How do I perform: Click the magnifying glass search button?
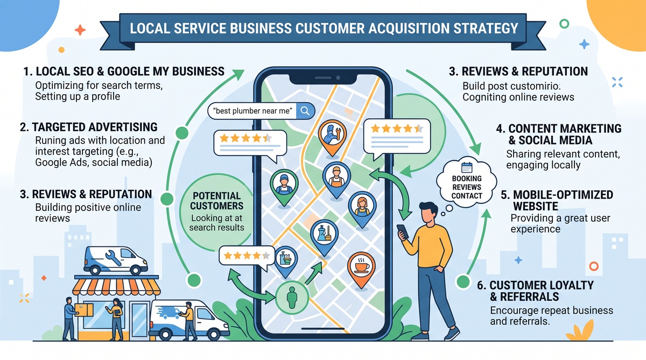(305, 111)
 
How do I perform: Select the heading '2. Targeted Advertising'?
(89, 127)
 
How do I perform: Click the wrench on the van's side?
(113, 257)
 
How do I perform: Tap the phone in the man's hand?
(403, 231)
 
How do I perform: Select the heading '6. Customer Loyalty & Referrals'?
(535, 291)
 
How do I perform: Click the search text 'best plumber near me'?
(252, 111)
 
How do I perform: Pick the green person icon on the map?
(292, 298)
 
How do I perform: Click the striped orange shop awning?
(116, 286)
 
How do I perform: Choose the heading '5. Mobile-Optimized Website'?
(557, 201)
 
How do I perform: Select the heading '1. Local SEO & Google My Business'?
(124, 72)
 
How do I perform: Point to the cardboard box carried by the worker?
(83, 310)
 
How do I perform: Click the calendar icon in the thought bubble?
(467, 167)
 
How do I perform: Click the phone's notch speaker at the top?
(324, 78)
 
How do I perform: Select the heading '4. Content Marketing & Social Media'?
(559, 135)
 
